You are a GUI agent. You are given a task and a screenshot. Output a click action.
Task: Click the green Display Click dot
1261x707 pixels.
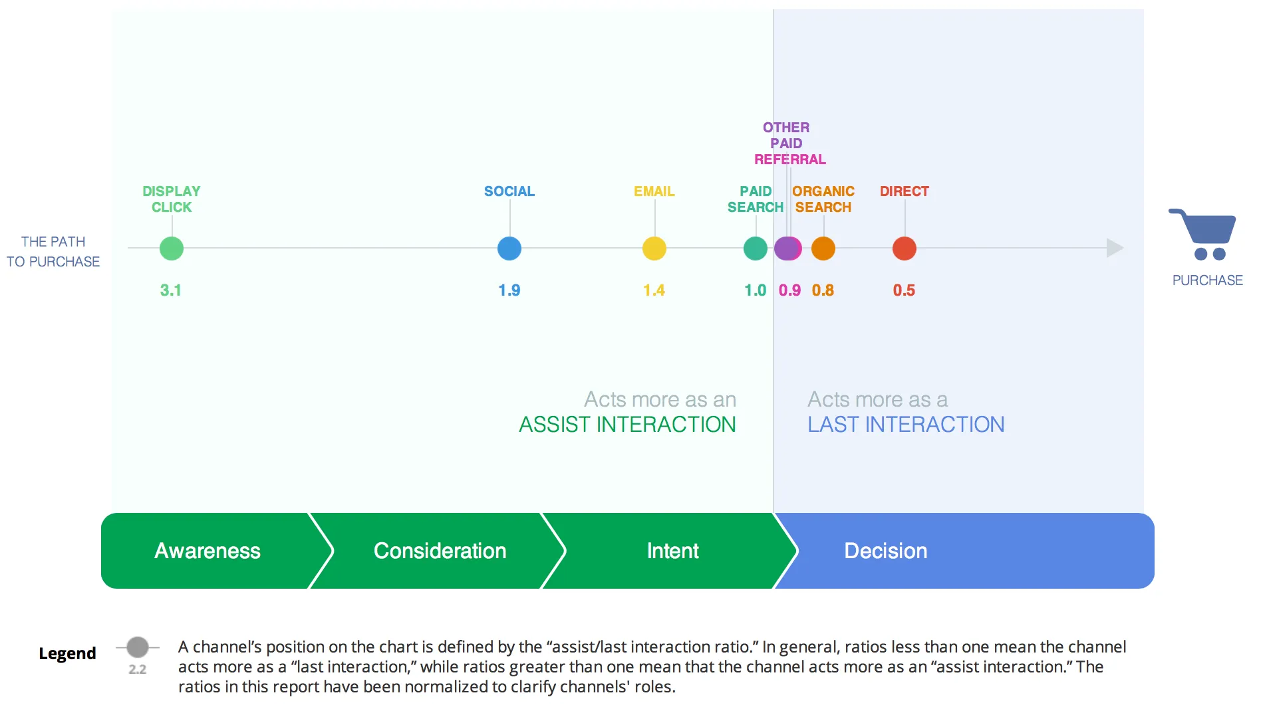[x=172, y=249]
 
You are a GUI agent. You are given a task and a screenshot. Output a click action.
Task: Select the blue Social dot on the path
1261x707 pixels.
[x=509, y=249]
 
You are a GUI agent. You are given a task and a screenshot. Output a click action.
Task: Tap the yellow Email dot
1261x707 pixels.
[x=654, y=249]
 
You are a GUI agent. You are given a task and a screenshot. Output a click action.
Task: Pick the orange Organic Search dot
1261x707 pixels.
[x=823, y=249]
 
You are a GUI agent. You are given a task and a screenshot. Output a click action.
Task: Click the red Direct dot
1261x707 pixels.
[x=905, y=249]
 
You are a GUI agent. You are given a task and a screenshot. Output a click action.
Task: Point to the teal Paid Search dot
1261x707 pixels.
[x=756, y=249]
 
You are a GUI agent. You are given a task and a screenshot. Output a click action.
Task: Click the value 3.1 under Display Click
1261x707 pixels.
[x=171, y=290]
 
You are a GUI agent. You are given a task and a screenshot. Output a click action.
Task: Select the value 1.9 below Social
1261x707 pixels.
[x=509, y=290]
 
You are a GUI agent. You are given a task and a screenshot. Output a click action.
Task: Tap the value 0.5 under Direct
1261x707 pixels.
[x=904, y=290]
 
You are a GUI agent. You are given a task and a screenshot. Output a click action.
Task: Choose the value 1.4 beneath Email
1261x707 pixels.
[x=654, y=290]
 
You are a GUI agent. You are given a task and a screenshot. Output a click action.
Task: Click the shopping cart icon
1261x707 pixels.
[x=1204, y=234]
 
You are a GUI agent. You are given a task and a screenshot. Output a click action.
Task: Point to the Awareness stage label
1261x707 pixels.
[x=208, y=551]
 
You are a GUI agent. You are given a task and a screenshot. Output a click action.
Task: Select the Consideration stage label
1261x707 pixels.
[x=440, y=551]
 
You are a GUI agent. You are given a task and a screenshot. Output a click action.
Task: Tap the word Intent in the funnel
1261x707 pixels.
[x=673, y=551]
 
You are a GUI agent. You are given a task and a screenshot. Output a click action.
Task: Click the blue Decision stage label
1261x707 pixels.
[x=886, y=551]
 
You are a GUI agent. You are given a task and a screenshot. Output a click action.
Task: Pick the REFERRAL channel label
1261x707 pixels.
[x=790, y=159]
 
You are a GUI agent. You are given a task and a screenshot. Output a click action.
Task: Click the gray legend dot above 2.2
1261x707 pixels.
[x=138, y=647]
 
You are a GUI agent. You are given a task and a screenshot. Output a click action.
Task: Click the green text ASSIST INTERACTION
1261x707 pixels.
[x=627, y=425]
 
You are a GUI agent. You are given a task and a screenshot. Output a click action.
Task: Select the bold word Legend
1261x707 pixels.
[x=67, y=654]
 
